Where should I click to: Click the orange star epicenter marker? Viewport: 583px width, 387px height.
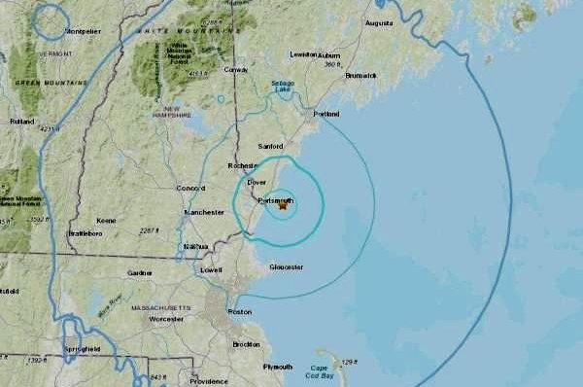click(283, 205)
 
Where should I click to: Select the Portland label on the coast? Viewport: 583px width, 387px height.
click(326, 114)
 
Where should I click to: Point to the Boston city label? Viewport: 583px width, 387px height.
click(239, 311)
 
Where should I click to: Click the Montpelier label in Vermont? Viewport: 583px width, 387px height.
click(84, 30)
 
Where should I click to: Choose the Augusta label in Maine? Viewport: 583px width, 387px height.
click(379, 22)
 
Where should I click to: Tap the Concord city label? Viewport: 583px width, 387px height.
click(189, 188)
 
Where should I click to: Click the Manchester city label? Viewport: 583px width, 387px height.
click(205, 211)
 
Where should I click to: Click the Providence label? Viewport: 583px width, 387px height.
click(209, 381)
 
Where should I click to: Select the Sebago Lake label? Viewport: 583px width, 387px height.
click(283, 87)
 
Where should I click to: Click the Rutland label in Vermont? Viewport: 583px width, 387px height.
click(21, 122)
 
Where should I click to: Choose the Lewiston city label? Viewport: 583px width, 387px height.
click(304, 54)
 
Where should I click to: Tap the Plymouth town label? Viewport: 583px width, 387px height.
click(277, 367)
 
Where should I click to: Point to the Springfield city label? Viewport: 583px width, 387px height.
click(82, 347)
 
